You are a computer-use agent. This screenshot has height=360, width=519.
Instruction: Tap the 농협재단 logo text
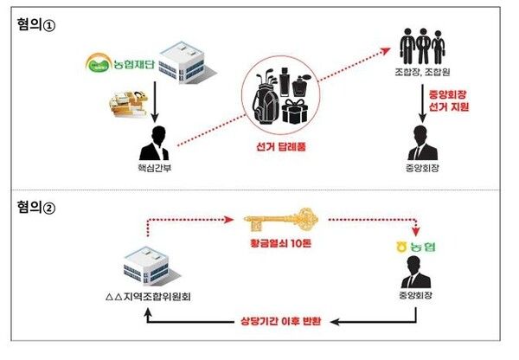tap(120, 62)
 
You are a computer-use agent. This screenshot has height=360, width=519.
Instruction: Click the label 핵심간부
tap(157, 170)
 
